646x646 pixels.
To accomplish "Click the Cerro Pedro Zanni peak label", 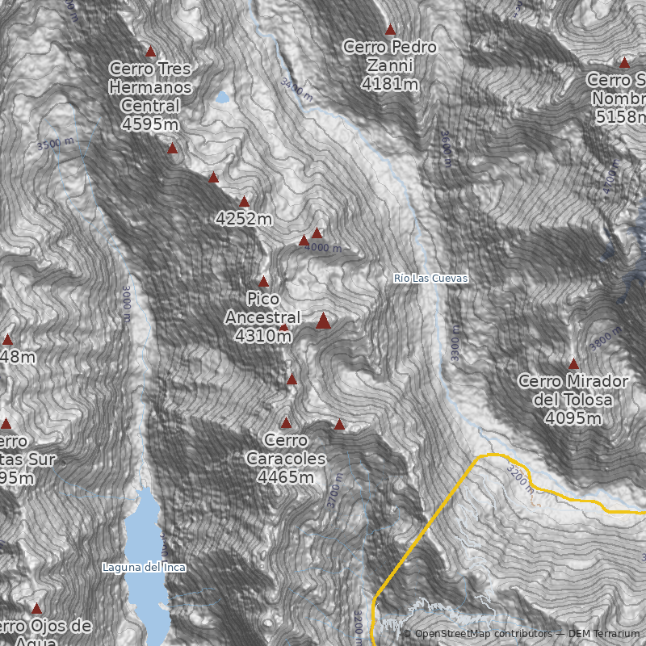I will coord(390,65).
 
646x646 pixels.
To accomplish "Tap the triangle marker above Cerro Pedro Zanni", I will coord(390,30).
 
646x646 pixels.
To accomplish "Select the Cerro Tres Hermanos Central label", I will coord(150,95).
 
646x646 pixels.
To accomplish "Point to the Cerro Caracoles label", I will coord(286,459).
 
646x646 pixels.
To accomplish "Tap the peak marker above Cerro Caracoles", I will coord(286,422).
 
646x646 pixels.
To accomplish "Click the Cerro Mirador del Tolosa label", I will coord(573,399).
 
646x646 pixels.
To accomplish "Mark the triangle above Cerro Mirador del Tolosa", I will coord(574,364).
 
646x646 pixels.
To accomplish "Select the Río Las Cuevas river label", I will coord(431,278).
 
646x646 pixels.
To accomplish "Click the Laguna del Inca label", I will coord(144,567).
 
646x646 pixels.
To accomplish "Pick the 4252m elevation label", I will coord(244,219).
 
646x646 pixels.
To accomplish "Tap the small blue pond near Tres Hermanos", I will coord(222,98).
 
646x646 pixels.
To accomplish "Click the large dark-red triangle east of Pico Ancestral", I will coord(323,321).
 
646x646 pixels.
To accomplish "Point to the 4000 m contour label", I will coord(323,248).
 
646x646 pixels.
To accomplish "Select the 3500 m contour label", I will coord(61,144).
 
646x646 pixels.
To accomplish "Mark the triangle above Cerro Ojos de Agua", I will coord(36,608).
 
